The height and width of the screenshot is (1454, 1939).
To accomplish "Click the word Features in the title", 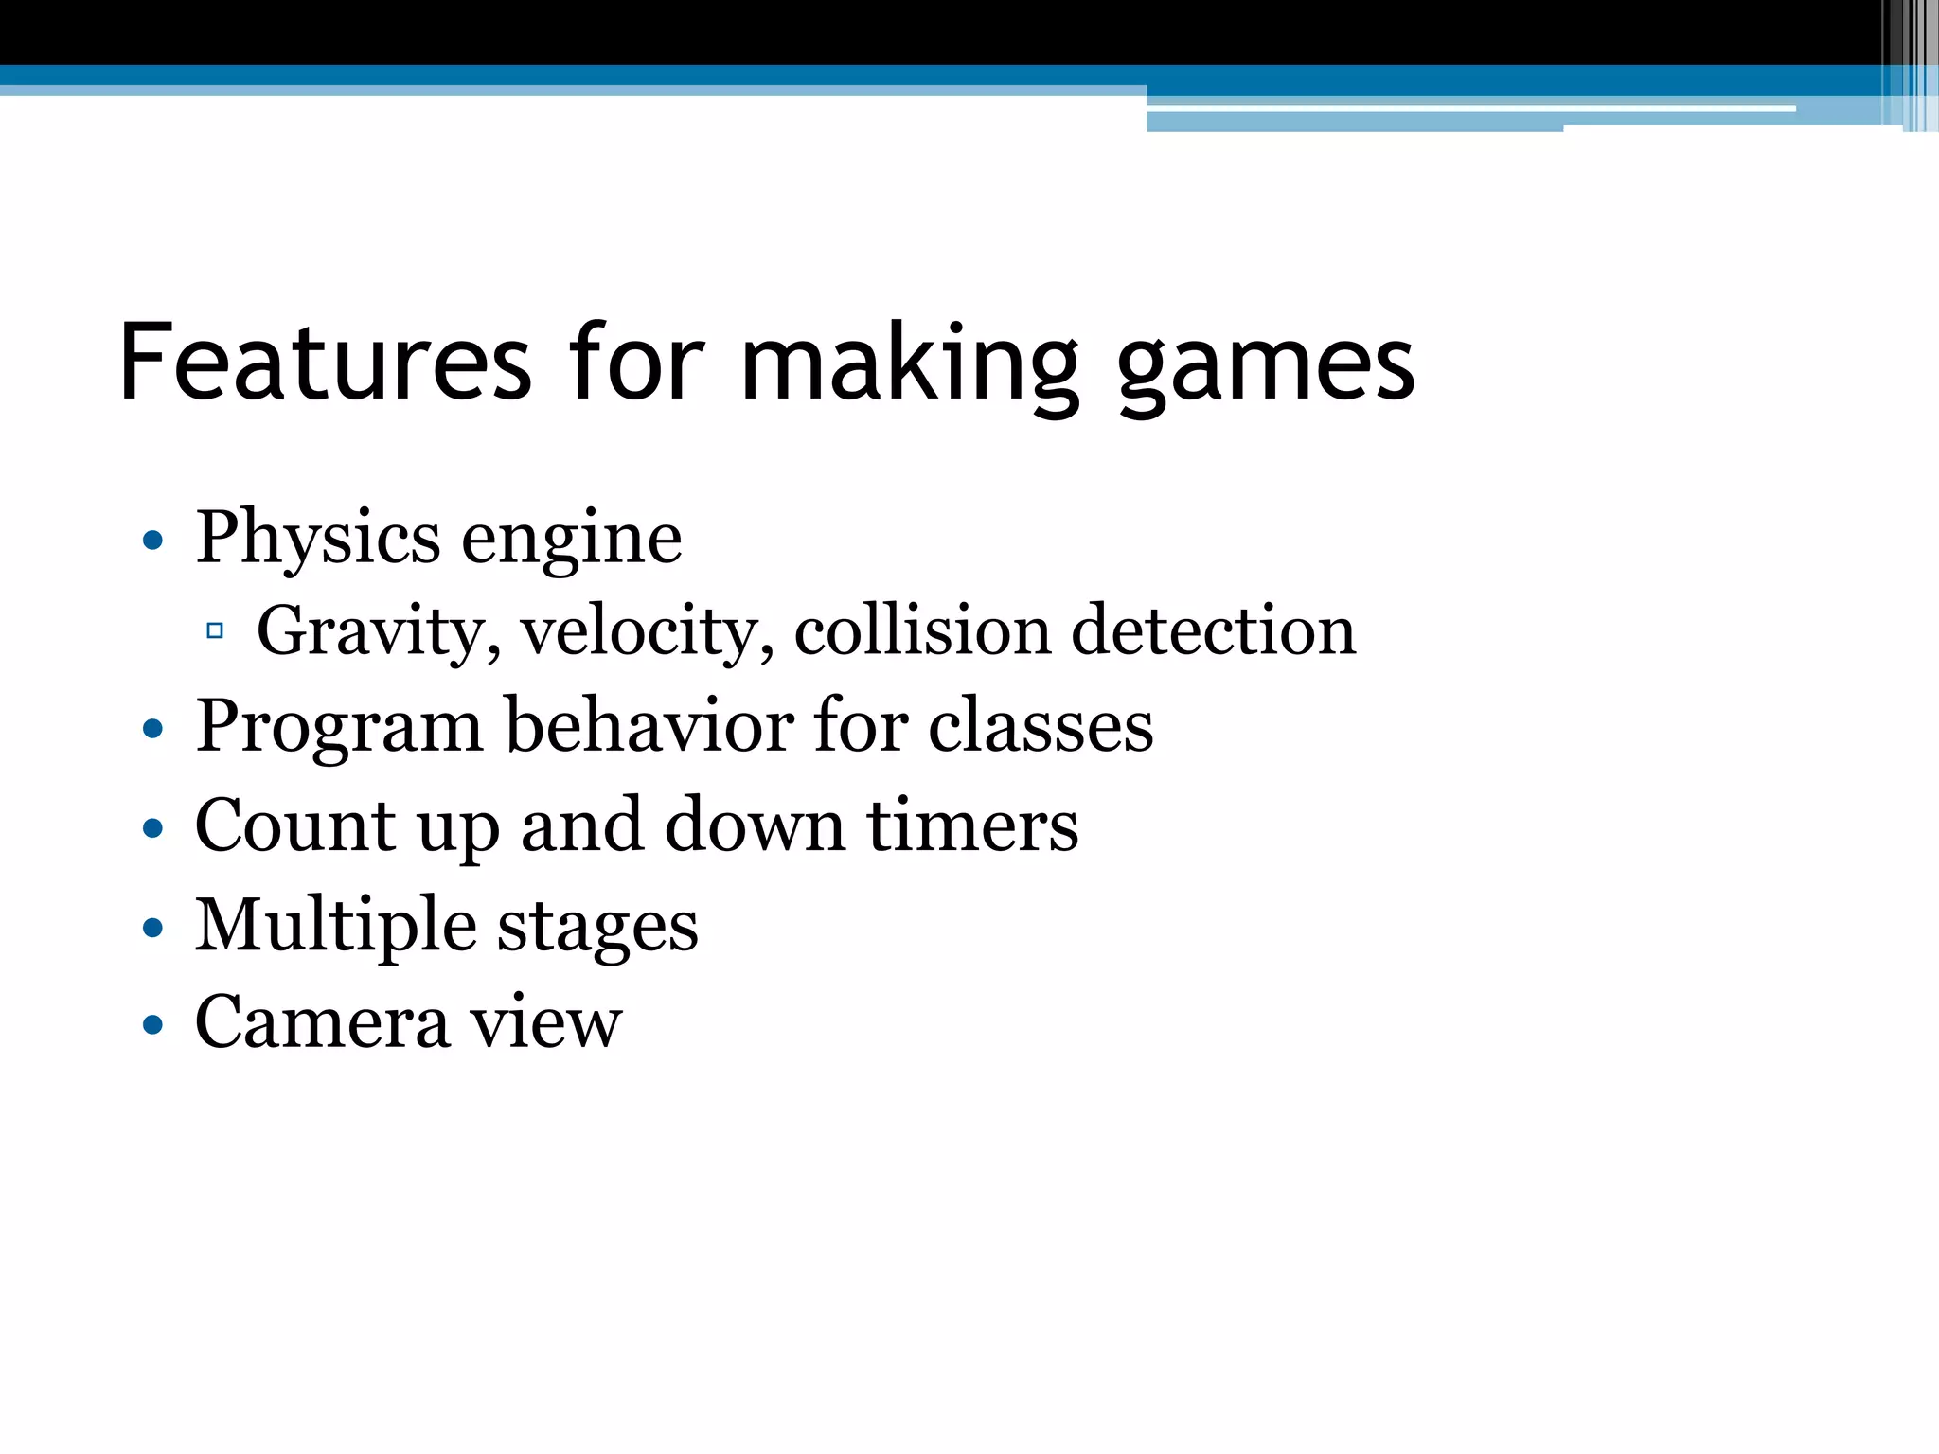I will pyautogui.click(x=326, y=363).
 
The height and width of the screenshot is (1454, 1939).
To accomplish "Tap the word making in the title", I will pyautogui.click(x=909, y=364).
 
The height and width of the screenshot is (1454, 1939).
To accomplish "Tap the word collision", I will pyautogui.click(x=922, y=630).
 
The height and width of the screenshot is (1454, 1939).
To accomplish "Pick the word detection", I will pyautogui.click(x=1214, y=630).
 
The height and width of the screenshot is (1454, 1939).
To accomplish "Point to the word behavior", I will pyautogui.click(x=649, y=725).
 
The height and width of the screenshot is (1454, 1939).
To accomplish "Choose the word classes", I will pyautogui.click(x=1041, y=727).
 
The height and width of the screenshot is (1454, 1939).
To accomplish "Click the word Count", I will pyautogui.click(x=294, y=825).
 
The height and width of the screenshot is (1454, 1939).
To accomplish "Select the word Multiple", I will pyautogui.click(x=336, y=926).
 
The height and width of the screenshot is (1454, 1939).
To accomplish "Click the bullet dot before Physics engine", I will pyautogui.click(x=152, y=541).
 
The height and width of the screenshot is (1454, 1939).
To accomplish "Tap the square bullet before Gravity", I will pyautogui.click(x=215, y=630).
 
